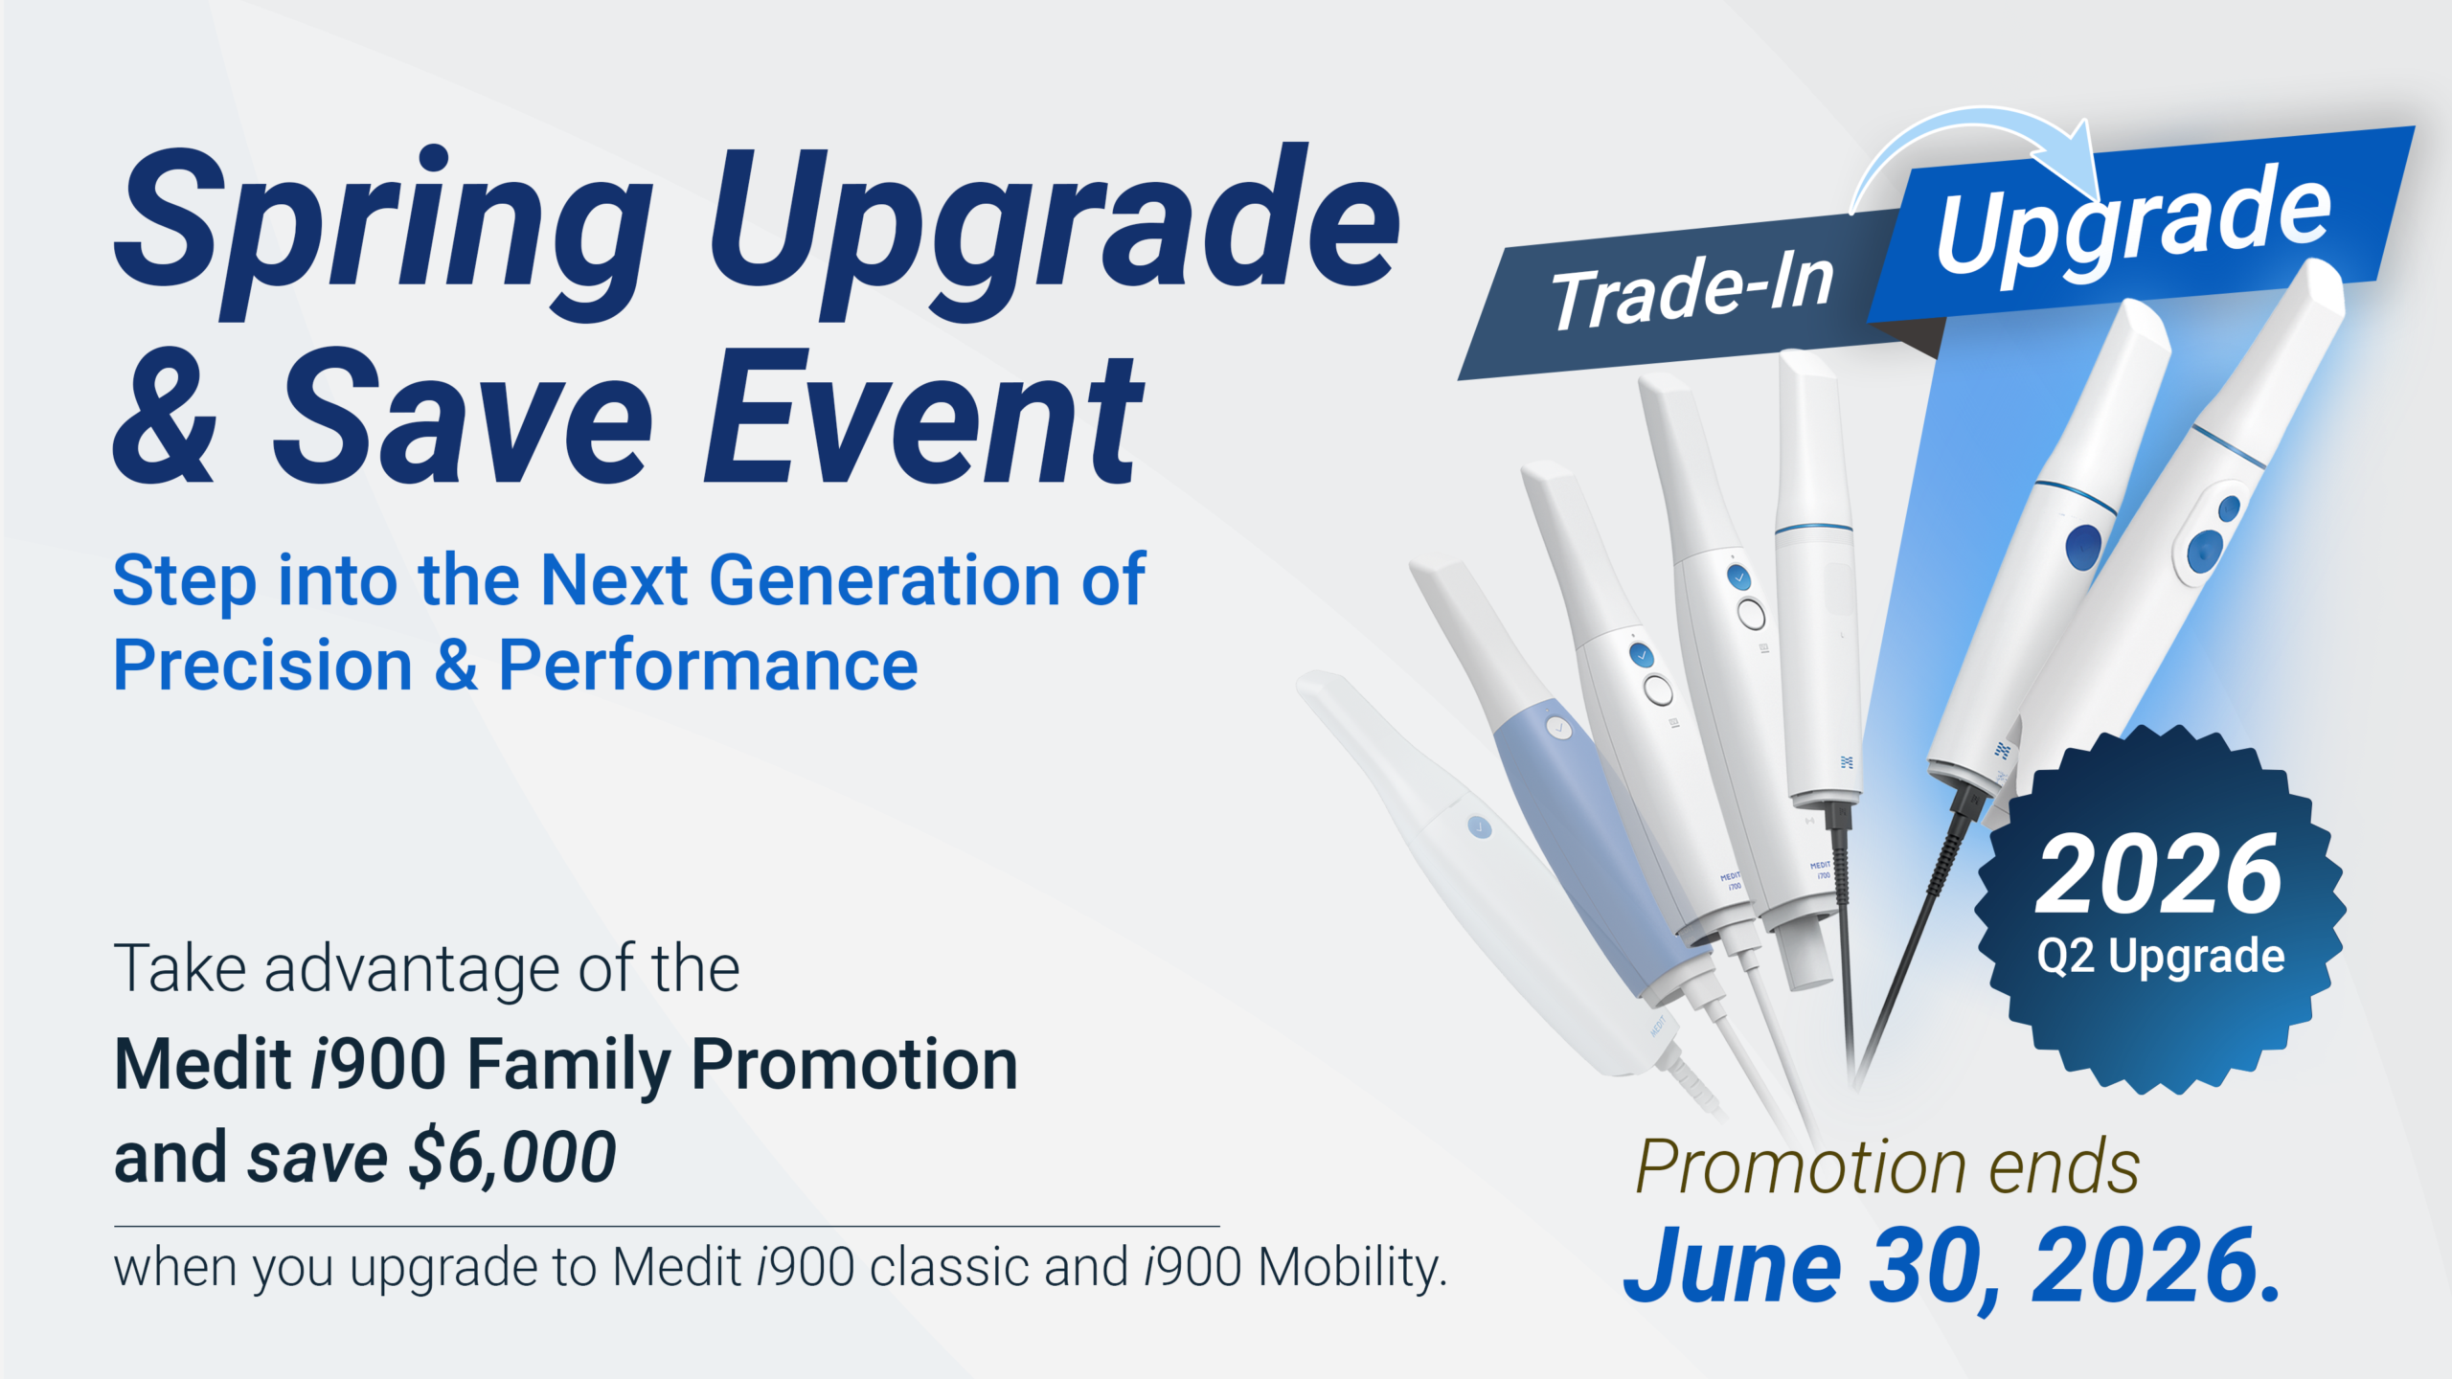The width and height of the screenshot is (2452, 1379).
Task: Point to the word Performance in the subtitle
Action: pyautogui.click(x=709, y=665)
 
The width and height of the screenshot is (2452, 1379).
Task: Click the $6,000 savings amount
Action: pyautogui.click(x=512, y=1158)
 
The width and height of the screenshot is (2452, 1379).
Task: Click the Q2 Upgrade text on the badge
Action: pyautogui.click(x=2161, y=956)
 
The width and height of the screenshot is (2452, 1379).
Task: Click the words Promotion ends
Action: pyautogui.click(x=1887, y=1166)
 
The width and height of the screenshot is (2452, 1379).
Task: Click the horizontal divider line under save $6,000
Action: pyautogui.click(x=667, y=1226)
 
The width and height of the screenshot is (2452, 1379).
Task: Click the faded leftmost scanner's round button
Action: pyautogui.click(x=1479, y=826)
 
